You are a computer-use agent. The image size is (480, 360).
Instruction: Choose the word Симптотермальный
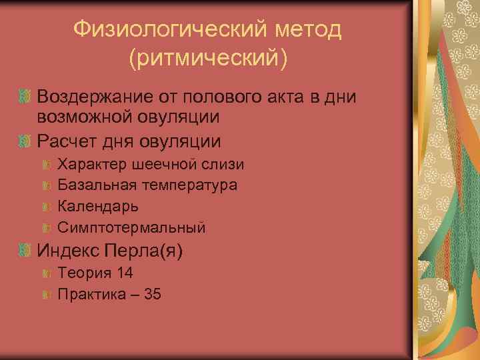click(131, 227)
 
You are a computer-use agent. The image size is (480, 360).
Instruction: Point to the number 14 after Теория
click(125, 272)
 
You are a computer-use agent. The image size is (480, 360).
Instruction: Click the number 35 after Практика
click(152, 293)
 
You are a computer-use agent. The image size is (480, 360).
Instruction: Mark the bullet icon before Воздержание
click(25, 97)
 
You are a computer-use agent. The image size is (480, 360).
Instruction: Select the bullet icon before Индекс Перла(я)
click(25, 251)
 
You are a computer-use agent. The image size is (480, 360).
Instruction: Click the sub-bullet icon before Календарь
click(47, 207)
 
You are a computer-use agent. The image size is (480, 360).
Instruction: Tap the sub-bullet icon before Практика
click(47, 294)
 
